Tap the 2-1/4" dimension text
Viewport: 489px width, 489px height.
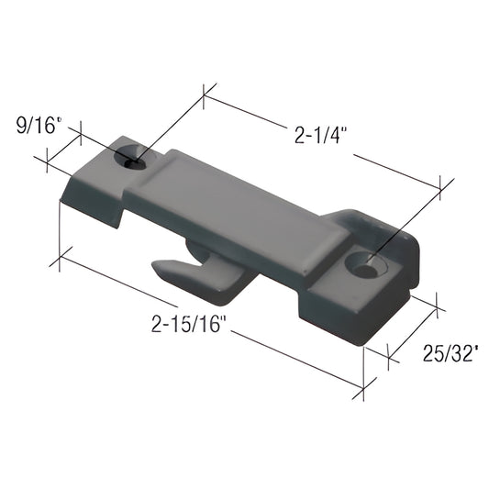click(x=321, y=137)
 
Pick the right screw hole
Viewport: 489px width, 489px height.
click(x=368, y=267)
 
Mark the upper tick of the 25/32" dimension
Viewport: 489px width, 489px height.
click(x=435, y=304)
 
